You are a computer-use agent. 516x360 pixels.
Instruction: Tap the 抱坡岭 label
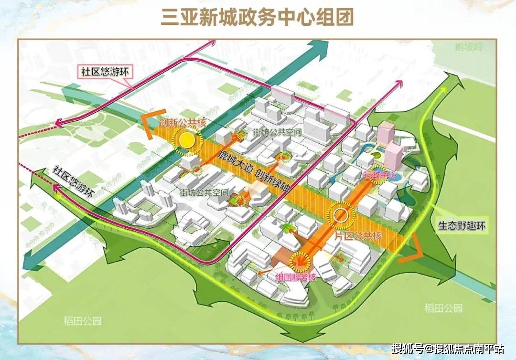[469, 46]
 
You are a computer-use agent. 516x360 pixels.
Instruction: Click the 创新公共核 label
[183, 123]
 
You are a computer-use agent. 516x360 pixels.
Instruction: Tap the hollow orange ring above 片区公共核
[341, 215]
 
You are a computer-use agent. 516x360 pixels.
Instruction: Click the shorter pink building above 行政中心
[395, 156]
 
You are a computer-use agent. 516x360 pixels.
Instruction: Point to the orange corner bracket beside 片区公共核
[412, 250]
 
